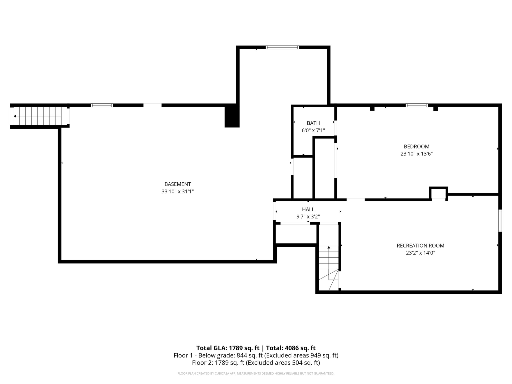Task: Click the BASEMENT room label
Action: click(x=177, y=184)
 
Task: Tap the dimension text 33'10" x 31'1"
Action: click(x=177, y=192)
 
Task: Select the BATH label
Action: click(x=313, y=123)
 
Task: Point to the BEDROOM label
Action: click(x=416, y=146)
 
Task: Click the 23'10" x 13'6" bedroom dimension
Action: click(x=416, y=154)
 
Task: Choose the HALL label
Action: click(x=308, y=209)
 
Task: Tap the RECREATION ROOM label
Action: click(x=420, y=245)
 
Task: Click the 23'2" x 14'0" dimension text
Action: click(x=420, y=253)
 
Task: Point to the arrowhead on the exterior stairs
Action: click(x=15, y=116)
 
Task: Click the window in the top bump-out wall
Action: click(x=282, y=47)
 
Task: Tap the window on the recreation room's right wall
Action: click(x=500, y=220)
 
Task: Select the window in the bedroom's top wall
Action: click(x=416, y=105)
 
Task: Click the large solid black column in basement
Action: click(x=232, y=116)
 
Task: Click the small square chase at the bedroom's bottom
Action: click(x=438, y=193)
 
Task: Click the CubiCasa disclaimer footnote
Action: click(x=256, y=373)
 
